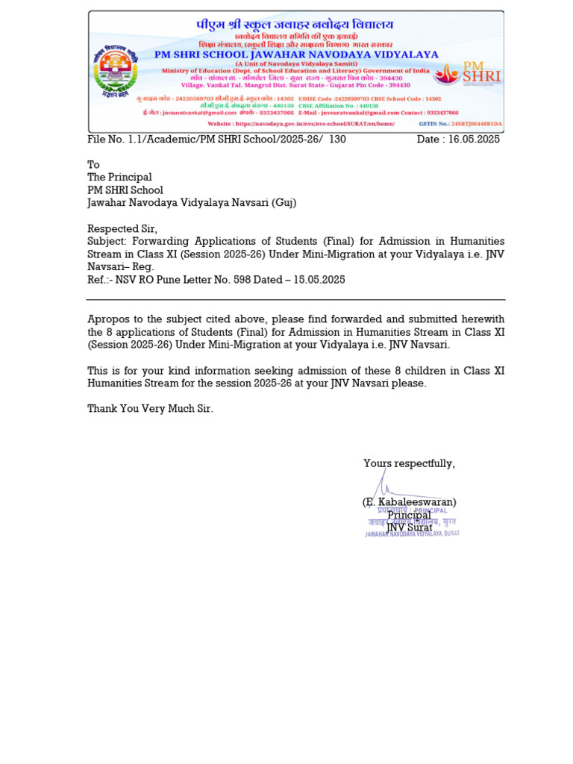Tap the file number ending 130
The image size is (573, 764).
pos(216,140)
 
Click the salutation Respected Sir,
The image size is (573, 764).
pos(122,228)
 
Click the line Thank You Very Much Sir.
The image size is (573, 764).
pos(150,409)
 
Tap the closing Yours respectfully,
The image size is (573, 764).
pos(409,464)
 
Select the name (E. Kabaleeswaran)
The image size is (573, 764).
pos(409,502)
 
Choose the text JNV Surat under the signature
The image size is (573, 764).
pos(409,527)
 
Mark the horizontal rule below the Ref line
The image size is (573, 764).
pos(295,300)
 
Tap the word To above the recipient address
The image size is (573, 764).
pos(93,165)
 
